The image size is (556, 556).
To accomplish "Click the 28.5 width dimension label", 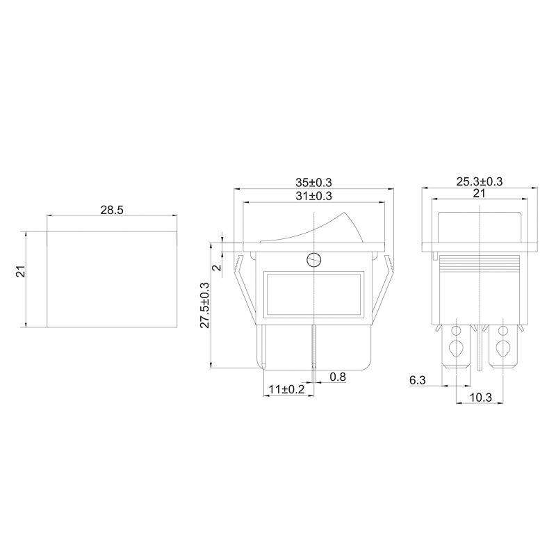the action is coord(112,210).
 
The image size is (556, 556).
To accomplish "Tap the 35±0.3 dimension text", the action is coord(314,183).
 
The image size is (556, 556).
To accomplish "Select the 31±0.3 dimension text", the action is coord(314,196).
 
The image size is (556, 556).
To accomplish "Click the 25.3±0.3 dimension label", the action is coord(479,181).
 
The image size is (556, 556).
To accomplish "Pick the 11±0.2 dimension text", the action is coord(287,389).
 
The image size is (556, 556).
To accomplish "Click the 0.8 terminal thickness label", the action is coord(338,377).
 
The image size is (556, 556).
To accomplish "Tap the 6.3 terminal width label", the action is coord(418,380).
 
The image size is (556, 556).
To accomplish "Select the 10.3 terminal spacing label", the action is coord(481,398).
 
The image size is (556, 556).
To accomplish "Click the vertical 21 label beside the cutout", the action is coord(22,271).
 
